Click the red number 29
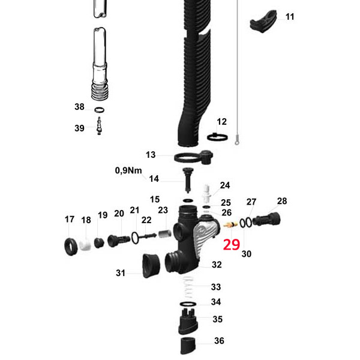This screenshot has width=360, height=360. (x=232, y=244)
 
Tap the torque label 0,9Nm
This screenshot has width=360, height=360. (x=128, y=170)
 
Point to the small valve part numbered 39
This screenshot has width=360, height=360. (x=99, y=127)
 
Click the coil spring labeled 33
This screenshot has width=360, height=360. (x=188, y=289)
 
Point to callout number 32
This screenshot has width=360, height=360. (x=217, y=264)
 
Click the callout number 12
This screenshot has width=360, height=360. (x=222, y=122)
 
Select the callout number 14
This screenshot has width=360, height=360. (x=154, y=178)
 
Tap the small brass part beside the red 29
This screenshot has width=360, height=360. (x=229, y=226)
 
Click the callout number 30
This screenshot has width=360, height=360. (x=247, y=254)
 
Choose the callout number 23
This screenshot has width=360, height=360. (x=163, y=211)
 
